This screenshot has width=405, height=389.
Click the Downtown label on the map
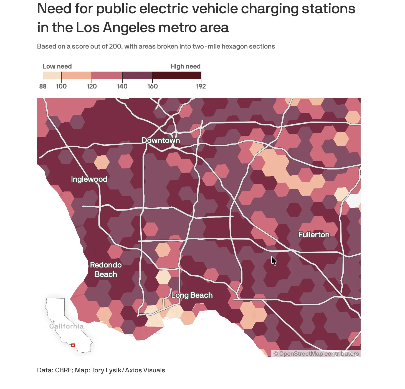tap(161, 140)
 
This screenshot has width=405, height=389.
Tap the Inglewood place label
tap(89, 179)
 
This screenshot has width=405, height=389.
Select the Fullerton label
tap(314, 235)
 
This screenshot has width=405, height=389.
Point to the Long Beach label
tap(192, 295)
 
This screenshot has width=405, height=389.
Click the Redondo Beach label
tap(106, 270)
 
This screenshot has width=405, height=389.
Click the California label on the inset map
tap(67, 326)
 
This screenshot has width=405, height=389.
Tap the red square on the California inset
tap(73, 345)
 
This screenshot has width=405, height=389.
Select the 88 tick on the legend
tap(43, 86)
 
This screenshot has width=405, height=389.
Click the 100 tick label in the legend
tap(61, 86)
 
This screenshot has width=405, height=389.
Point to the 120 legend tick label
tap(92, 86)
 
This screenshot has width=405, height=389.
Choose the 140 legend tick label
tap(122, 86)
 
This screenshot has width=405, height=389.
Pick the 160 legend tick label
tap(152, 86)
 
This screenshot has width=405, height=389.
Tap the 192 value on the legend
tap(201, 86)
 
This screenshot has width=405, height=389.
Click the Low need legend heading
tap(57, 66)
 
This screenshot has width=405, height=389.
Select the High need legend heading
tap(185, 66)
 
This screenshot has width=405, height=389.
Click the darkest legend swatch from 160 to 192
tap(177, 75)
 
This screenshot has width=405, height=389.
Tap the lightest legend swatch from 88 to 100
tap(52, 75)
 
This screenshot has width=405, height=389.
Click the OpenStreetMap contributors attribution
tap(316, 354)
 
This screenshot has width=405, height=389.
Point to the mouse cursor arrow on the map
tap(274, 261)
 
